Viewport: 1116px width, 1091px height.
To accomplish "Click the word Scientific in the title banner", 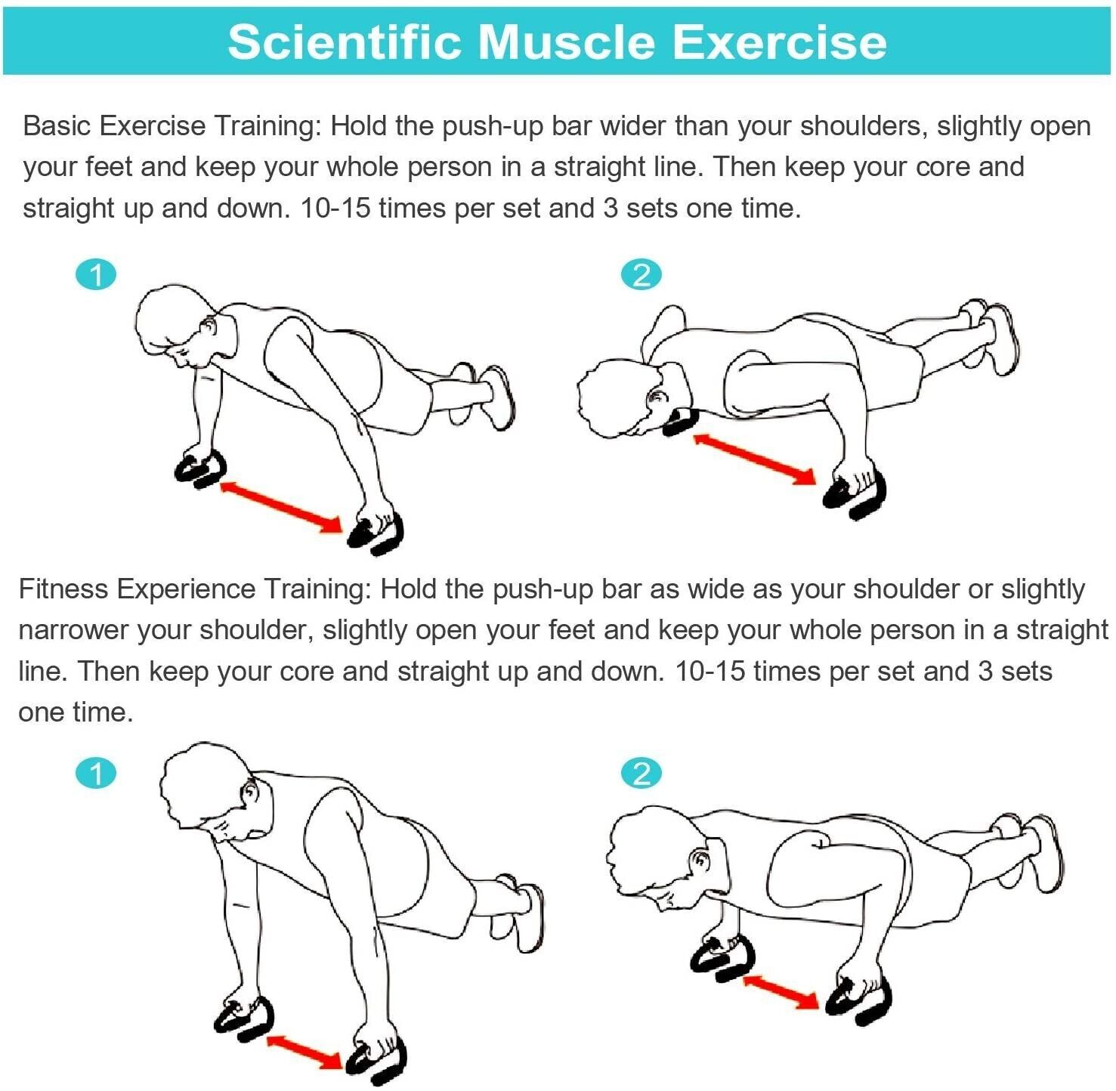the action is tap(345, 42).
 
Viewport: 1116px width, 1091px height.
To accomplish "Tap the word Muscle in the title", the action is tap(567, 42).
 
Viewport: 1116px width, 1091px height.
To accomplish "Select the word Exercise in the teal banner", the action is tap(779, 42).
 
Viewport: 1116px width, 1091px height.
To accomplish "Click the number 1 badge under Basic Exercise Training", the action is tap(97, 274).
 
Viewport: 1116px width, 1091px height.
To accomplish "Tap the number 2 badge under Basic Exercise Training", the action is tap(641, 274).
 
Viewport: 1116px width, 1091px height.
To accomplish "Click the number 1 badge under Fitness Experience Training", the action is tap(97, 774).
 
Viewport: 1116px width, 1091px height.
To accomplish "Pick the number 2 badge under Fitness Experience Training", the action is tap(641, 774).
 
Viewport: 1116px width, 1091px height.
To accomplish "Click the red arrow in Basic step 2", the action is tap(755, 459).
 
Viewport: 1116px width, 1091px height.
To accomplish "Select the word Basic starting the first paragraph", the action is tap(57, 125).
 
